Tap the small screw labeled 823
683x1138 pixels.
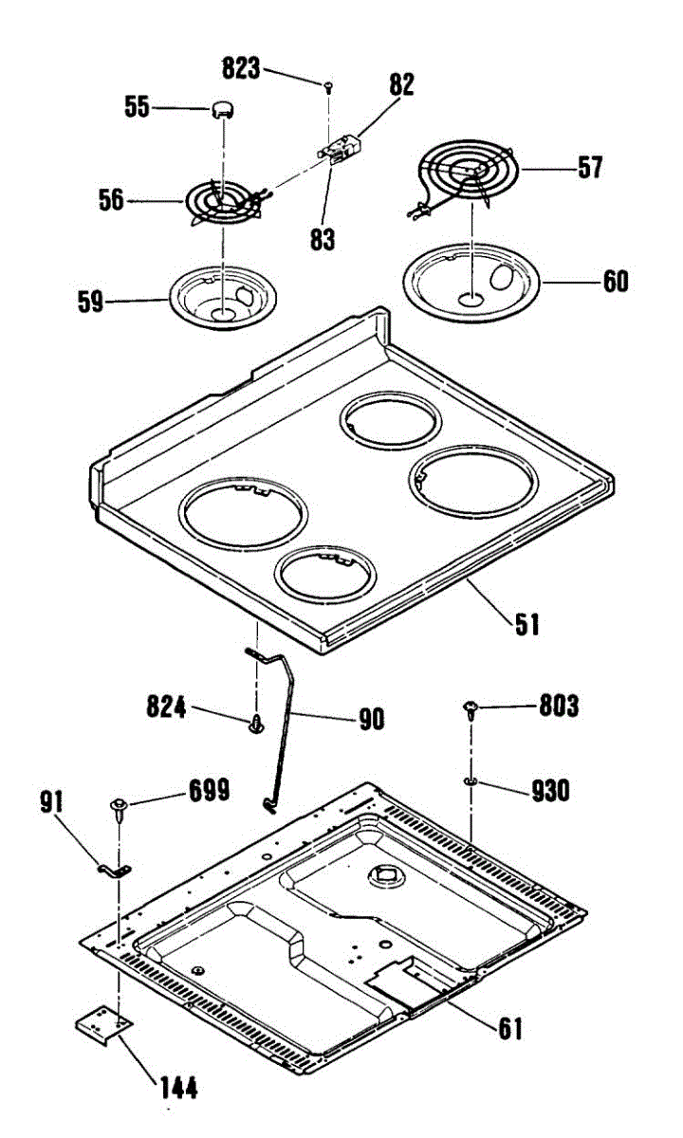[x=327, y=86]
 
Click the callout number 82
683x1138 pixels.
[x=400, y=84]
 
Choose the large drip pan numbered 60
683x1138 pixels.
[x=471, y=281]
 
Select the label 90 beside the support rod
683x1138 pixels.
[x=371, y=719]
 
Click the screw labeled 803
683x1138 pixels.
[x=471, y=707]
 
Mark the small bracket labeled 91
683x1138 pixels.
[x=116, y=868]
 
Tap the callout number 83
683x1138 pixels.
[x=323, y=239]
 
